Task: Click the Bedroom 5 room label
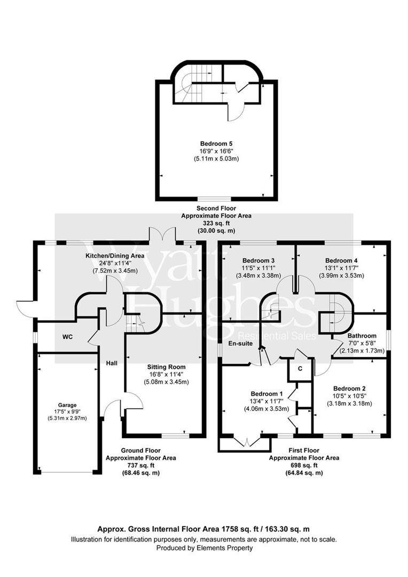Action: [216, 144]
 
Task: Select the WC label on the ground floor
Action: [68, 337]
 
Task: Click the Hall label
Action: [111, 363]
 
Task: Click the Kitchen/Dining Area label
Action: [115, 256]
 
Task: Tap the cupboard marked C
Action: [300, 368]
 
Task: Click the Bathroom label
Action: [362, 336]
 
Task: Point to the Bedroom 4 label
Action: [341, 261]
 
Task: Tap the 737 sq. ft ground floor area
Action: [140, 465]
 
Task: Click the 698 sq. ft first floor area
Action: [304, 465]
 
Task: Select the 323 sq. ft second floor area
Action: [216, 223]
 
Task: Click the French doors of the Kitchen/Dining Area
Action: [162, 235]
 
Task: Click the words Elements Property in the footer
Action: [227, 548]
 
